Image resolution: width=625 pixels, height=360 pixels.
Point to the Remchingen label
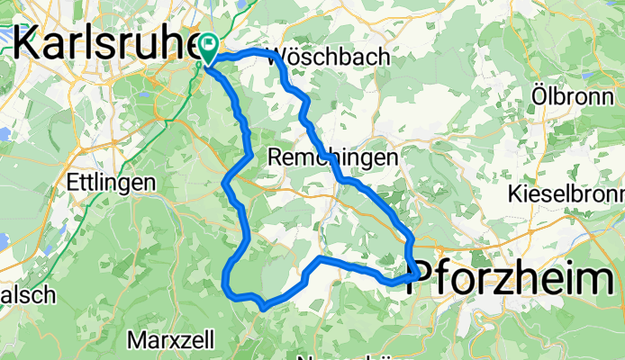(x=333, y=157)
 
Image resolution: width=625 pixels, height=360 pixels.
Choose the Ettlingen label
(x=111, y=182)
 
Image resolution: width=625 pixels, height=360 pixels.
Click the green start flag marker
(x=210, y=43)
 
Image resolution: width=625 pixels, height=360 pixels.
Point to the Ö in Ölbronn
(x=539, y=93)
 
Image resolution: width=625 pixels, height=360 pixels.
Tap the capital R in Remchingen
(x=276, y=157)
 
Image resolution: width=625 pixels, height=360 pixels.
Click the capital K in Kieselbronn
(x=516, y=193)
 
